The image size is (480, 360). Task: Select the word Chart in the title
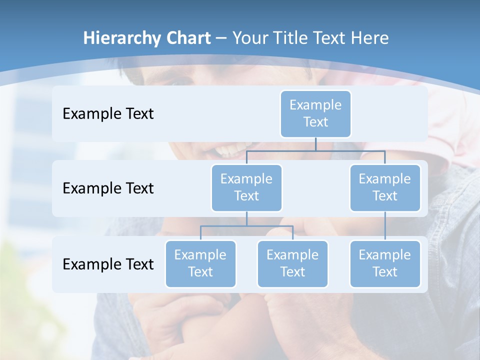coord(187,38)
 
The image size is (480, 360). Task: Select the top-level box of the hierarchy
coord(315,113)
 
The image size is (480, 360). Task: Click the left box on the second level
coord(246,187)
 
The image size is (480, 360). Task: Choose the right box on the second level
coord(385,187)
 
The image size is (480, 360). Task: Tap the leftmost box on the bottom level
coord(200,263)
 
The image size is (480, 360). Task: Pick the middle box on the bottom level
coord(292,263)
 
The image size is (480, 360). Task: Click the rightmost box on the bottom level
coord(385,263)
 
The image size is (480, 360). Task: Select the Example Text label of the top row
coord(108,114)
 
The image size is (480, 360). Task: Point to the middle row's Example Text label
coord(108,188)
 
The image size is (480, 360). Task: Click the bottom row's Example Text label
coord(108,264)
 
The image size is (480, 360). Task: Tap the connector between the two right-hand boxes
coord(385,226)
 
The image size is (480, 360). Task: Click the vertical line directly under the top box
coord(315,144)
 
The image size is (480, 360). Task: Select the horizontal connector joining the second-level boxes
coord(315,150)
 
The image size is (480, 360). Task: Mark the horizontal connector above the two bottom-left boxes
coord(246,226)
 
